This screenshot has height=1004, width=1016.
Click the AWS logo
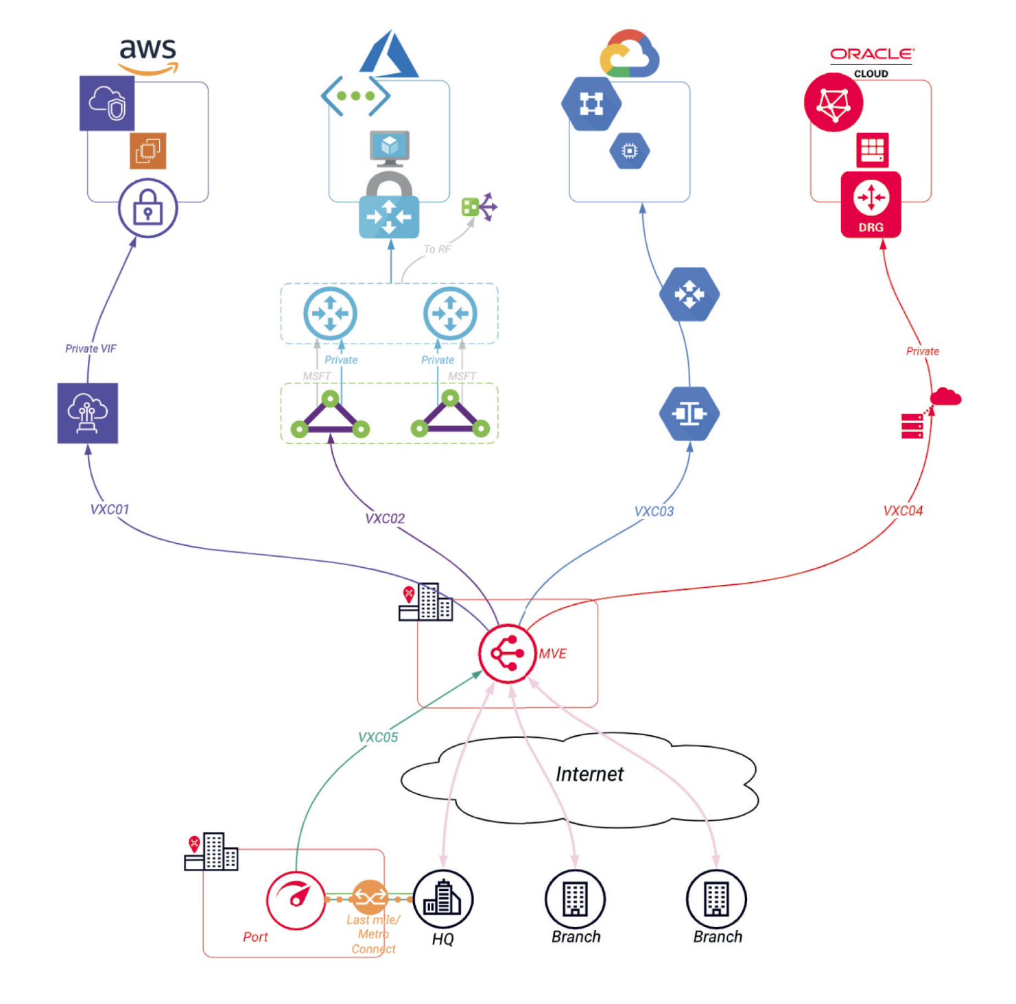148,55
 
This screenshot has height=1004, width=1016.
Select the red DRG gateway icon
871,204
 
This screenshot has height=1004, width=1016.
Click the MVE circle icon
508,654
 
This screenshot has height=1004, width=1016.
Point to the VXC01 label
110,510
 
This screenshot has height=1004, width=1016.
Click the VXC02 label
385,518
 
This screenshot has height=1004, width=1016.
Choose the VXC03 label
654,512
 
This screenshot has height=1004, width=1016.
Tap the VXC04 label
903,511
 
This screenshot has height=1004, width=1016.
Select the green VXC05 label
378,737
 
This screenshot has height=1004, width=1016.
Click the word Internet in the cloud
589,774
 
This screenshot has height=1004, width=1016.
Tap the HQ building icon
443,899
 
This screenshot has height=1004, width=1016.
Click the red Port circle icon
296,900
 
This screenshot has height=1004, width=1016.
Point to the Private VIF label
91,348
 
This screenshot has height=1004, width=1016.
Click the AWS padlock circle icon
147,208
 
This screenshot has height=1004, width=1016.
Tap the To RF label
437,249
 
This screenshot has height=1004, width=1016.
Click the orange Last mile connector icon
370,898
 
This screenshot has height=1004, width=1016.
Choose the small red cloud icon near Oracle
945,397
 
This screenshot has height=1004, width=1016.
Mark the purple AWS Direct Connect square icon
88,413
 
